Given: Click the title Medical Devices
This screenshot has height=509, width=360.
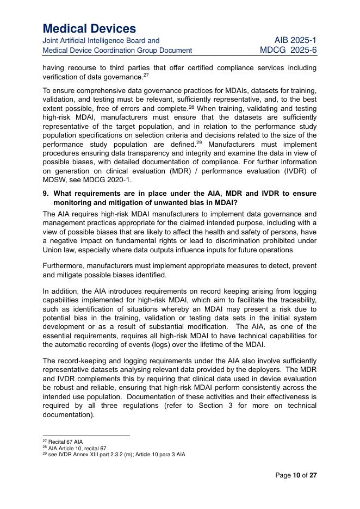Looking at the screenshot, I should [89, 28].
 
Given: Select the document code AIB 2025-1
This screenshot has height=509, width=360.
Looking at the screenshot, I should [295, 40].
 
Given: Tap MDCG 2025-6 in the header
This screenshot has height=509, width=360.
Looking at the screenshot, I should [288, 50].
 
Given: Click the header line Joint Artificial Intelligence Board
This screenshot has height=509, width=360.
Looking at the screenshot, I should [101, 40].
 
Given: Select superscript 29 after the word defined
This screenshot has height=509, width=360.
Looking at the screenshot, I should [199, 142].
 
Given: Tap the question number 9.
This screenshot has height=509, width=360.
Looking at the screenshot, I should [46, 194].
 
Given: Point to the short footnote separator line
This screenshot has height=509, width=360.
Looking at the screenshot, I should [86, 436].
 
